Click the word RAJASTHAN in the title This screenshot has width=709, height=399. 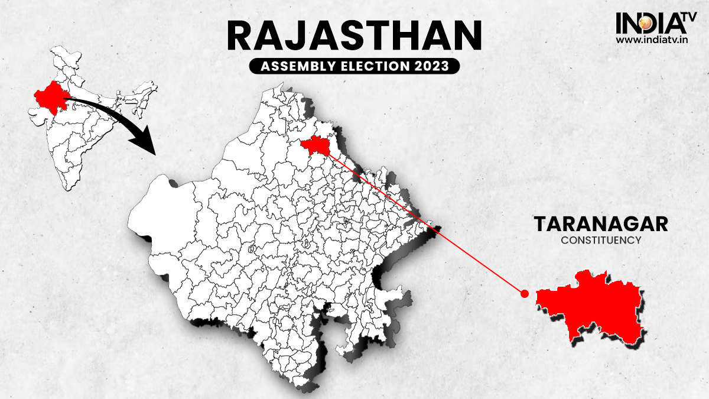pos(354,37)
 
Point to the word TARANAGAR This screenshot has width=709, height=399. pos(601,225)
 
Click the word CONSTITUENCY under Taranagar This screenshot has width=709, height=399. pos(601,241)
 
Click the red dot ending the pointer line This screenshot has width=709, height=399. pos(523,293)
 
